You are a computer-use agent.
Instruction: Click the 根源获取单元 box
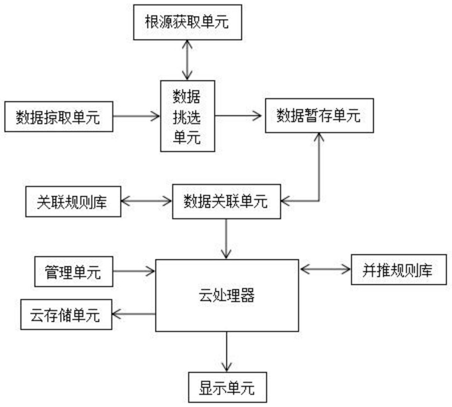click(187, 22)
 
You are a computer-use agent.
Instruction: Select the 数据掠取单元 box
click(59, 117)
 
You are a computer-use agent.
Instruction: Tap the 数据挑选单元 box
click(187, 116)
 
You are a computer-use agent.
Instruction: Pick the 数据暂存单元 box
click(319, 115)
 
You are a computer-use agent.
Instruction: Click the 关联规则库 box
click(73, 202)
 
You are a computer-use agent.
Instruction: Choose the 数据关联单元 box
click(227, 202)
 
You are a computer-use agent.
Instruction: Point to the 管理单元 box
click(74, 272)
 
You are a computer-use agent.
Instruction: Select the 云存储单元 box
click(66, 314)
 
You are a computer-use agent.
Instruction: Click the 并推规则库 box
click(398, 270)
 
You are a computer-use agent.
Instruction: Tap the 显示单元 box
click(227, 387)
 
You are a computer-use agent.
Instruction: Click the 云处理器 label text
click(227, 295)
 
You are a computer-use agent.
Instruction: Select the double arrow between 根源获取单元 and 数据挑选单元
click(187, 60)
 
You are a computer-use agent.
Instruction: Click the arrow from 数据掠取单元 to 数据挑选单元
click(137, 116)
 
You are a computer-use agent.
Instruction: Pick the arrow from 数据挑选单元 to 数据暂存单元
click(238, 116)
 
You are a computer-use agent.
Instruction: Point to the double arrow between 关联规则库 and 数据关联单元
click(147, 201)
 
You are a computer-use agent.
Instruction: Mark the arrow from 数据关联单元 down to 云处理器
click(226, 239)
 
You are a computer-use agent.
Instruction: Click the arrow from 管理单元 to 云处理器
click(134, 271)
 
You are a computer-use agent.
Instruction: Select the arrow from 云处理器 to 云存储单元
click(134, 314)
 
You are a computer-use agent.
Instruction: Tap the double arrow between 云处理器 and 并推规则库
click(325, 269)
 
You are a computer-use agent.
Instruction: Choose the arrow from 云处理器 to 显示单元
click(227, 352)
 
